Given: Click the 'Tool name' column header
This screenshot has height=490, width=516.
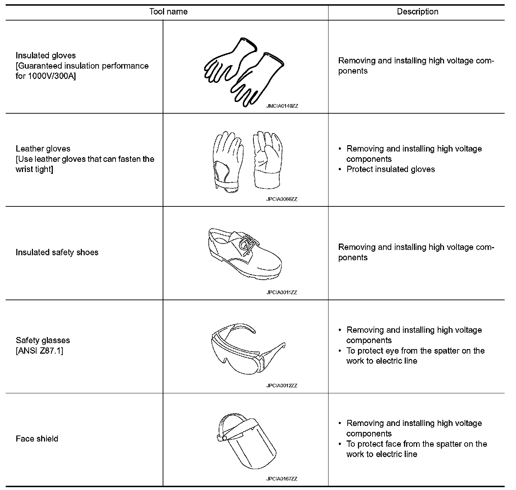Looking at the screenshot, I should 168,12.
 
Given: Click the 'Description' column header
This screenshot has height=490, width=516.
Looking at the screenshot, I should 417,12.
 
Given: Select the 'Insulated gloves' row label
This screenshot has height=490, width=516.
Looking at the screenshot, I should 46,56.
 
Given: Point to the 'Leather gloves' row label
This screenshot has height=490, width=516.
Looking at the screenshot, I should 43,149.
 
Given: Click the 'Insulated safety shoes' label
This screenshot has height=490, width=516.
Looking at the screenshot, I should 57,252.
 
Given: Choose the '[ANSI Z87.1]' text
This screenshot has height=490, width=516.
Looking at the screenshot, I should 39,351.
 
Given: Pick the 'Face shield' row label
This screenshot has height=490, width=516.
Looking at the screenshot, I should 37,439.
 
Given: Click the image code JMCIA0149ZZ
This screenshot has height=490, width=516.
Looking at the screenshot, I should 282,106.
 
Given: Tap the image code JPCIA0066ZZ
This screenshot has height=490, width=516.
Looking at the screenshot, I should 282,199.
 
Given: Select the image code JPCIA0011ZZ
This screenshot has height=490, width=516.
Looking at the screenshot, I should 282,292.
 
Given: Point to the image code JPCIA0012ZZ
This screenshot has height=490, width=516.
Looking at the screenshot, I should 282,386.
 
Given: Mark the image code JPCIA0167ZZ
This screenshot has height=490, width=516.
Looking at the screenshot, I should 282,479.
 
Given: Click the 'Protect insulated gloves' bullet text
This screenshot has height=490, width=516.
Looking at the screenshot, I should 391,169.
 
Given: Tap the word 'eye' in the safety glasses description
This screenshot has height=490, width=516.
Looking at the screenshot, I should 392,351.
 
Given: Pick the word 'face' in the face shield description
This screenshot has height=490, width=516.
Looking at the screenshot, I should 393,444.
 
